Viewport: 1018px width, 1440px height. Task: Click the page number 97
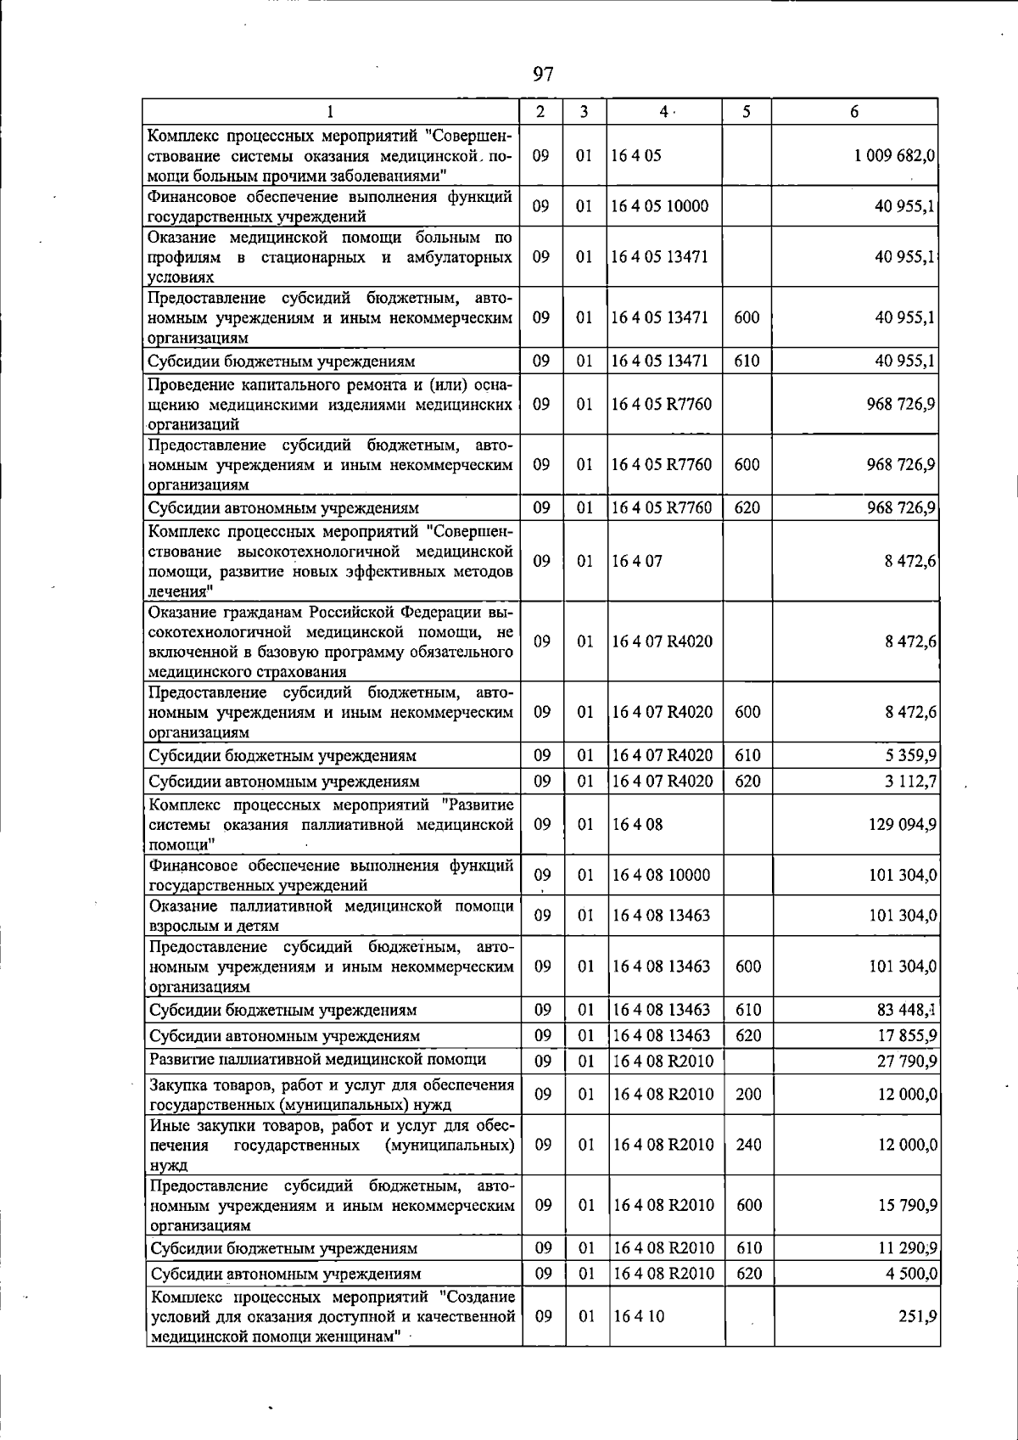coord(543,75)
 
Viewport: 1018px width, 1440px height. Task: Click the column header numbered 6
coord(854,112)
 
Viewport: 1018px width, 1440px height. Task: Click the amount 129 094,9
coord(903,824)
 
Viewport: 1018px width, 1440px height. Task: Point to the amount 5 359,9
coord(910,755)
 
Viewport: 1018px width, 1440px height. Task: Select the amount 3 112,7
coord(910,781)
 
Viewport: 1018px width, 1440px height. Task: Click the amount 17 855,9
coord(907,1035)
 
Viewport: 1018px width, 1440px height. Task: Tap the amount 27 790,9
coord(907,1061)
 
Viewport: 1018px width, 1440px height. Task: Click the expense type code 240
coord(748,1145)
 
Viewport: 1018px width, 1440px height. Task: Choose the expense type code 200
coord(748,1095)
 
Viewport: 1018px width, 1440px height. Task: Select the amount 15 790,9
coord(907,1205)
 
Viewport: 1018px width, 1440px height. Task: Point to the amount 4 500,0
coord(911,1274)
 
